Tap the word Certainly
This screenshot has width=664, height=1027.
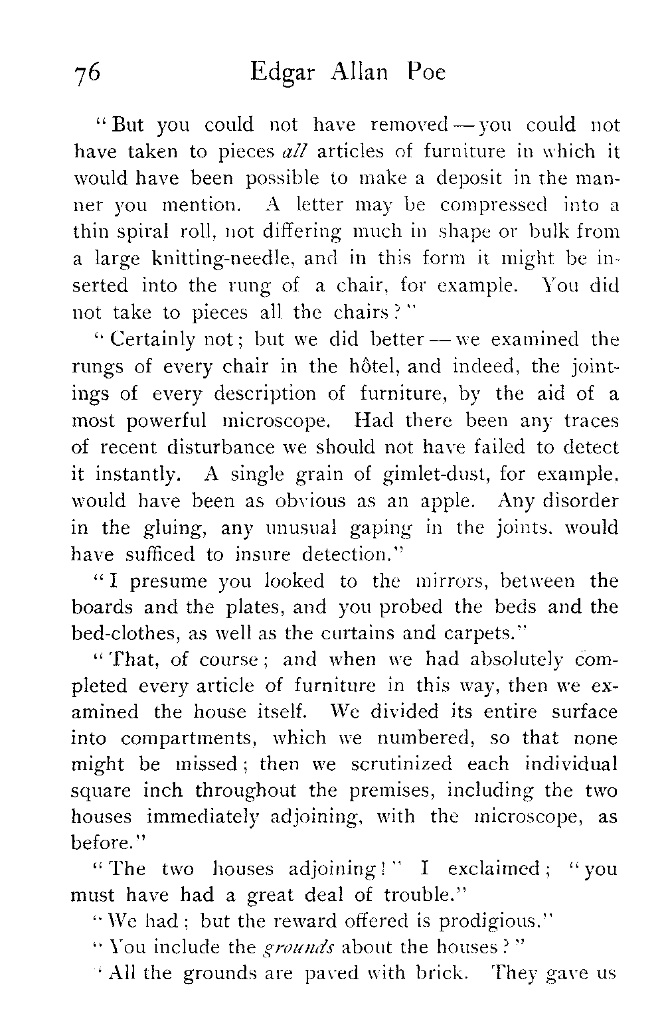pos(151,341)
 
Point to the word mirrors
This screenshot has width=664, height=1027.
pos(441,582)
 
